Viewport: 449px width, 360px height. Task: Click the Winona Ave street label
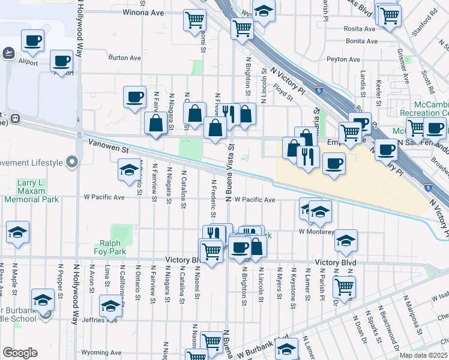143,12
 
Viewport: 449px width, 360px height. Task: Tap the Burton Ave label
124,58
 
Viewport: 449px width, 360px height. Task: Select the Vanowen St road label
109,145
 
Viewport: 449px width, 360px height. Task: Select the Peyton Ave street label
343,59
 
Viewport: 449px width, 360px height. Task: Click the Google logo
19,353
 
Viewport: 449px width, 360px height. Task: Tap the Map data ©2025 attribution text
423,355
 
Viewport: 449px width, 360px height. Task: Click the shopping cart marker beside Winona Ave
194,20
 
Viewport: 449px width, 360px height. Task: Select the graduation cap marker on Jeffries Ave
110,306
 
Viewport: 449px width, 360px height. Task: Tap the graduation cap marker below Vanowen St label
129,170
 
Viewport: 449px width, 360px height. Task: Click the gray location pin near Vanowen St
72,162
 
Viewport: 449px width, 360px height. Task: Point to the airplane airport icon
8,53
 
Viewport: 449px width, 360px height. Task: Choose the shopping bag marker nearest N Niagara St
156,124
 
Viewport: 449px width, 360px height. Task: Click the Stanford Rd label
425,12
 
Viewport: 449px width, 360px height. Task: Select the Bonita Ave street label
361,41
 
